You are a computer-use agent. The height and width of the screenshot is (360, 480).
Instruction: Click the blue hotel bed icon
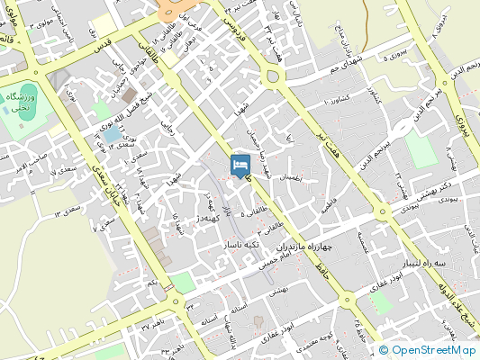(240, 166)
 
